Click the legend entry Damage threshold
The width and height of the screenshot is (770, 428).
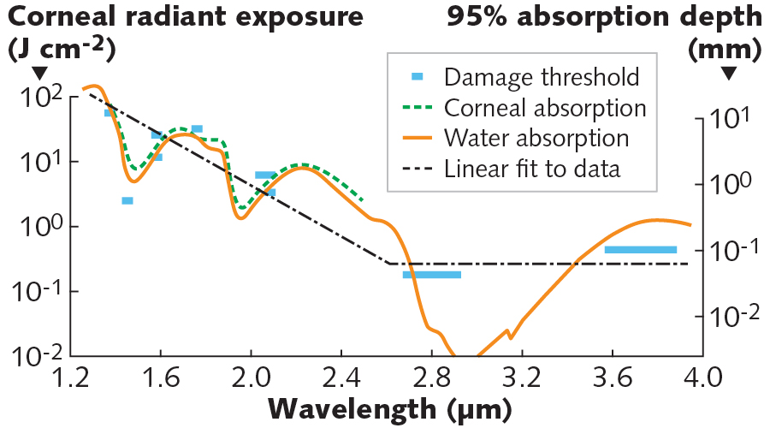(x=542, y=77)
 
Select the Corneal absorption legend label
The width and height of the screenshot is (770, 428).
(x=545, y=108)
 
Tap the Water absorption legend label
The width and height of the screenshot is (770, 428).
(x=536, y=138)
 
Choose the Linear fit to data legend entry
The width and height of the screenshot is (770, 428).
(x=532, y=169)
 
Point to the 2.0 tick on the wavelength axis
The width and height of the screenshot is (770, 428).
(x=250, y=377)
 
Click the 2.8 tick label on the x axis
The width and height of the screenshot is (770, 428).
(x=431, y=377)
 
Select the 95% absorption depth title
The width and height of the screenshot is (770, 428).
(x=603, y=17)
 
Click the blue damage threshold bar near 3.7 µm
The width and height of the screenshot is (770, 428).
(x=641, y=250)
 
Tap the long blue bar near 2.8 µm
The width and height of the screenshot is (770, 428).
(x=432, y=275)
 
